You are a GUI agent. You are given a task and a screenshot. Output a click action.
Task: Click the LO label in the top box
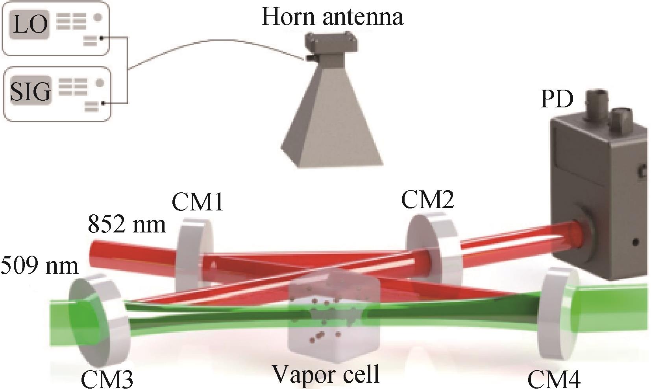click(30, 24)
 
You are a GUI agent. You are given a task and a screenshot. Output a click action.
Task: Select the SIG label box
click(31, 90)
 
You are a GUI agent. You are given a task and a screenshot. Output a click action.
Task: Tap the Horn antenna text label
click(333, 17)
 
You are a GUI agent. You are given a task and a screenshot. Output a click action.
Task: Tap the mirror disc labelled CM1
click(194, 256)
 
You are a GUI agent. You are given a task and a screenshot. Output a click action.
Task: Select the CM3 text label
click(107, 379)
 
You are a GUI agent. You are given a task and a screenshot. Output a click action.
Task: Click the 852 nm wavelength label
click(126, 225)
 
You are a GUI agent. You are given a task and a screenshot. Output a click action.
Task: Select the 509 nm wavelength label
click(39, 266)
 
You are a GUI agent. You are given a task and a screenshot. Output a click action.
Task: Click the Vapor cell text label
click(326, 374)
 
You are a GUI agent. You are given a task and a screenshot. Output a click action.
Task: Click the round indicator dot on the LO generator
click(98, 17)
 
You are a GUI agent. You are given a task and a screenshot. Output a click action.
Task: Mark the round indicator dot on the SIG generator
click(100, 83)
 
